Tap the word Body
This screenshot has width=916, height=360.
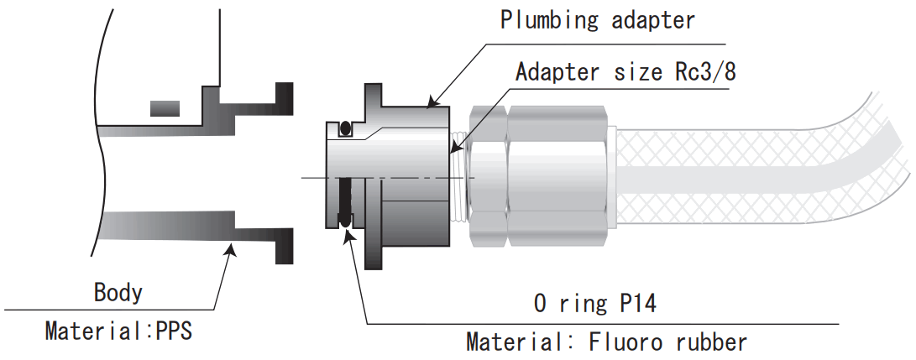click(x=118, y=293)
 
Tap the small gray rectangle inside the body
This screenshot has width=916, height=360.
click(x=164, y=107)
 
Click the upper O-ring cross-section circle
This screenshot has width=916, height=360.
click(x=344, y=129)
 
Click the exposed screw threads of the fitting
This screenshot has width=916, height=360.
click(x=458, y=177)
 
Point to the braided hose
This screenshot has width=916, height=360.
click(x=756, y=177)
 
